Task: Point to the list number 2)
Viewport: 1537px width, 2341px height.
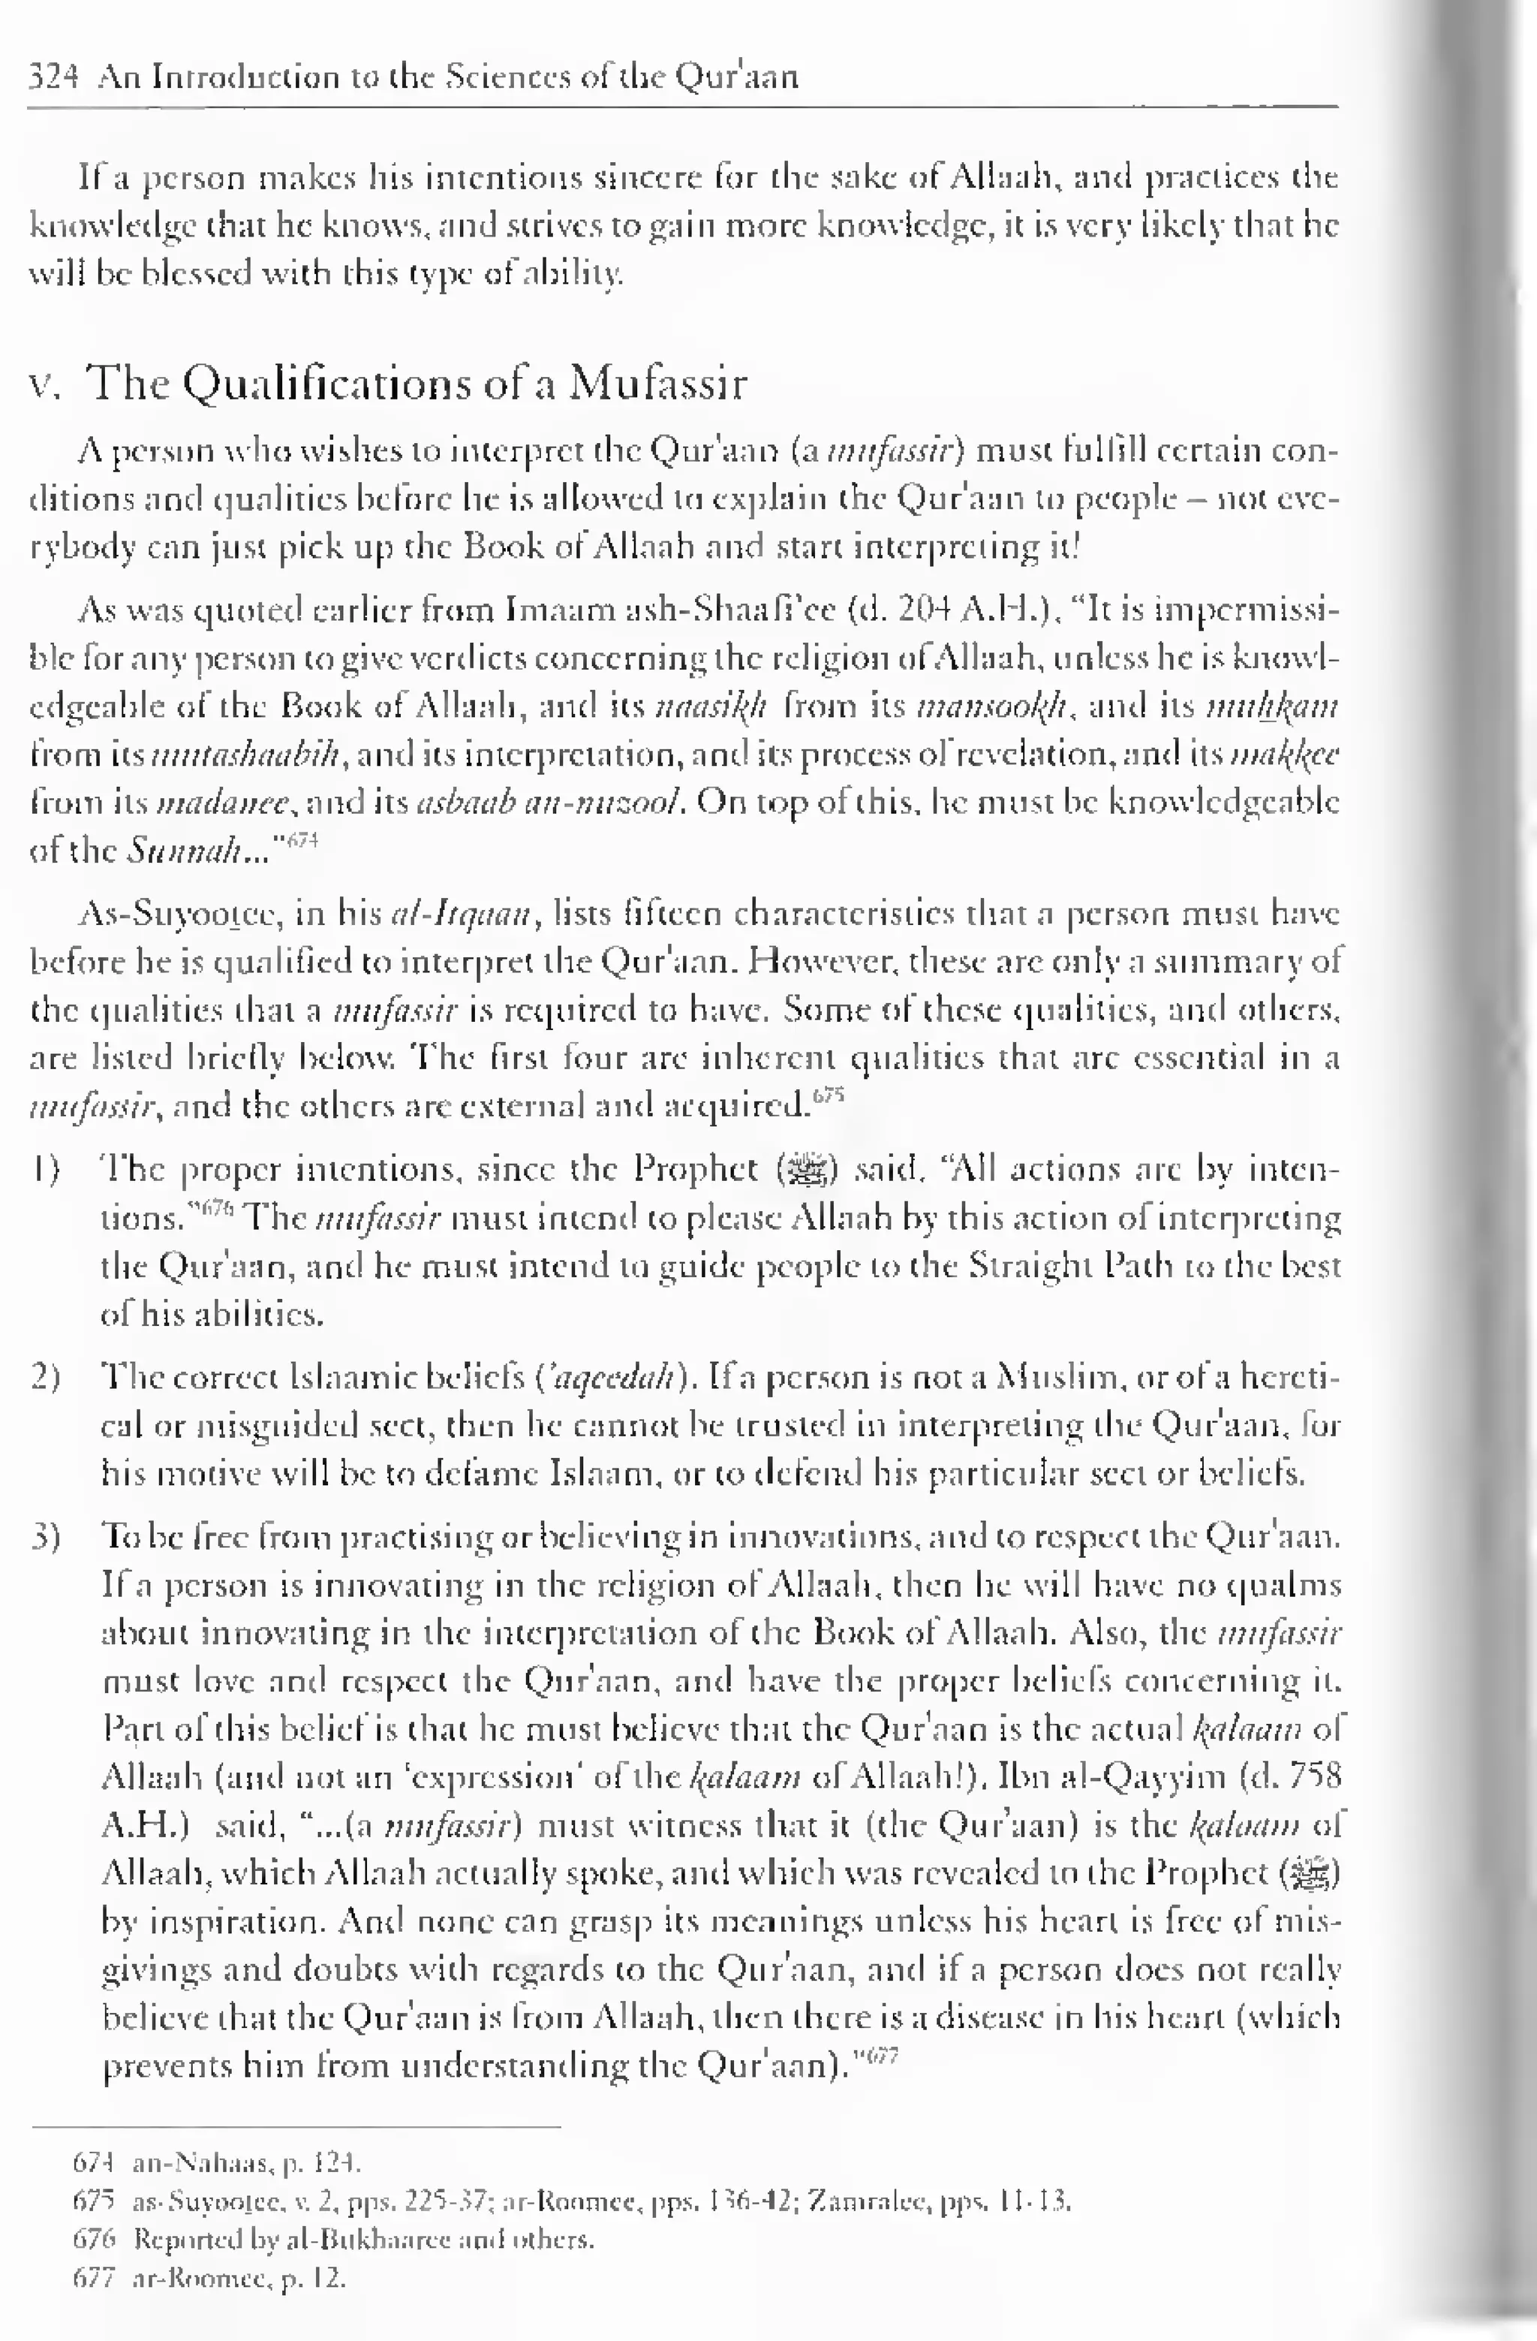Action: [x=47, y=1377]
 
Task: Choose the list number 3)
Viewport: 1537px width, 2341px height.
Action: [x=47, y=1536]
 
